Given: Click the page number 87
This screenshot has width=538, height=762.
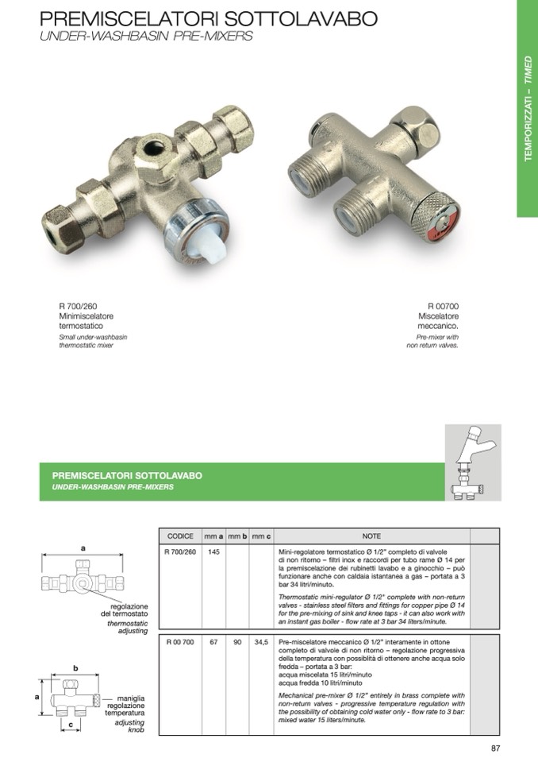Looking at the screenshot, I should pyautogui.click(x=495, y=747).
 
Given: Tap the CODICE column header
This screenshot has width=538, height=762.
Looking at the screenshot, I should pyautogui.click(x=181, y=536).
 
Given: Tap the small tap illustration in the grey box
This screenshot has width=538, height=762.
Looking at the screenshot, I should pyautogui.click(x=472, y=462).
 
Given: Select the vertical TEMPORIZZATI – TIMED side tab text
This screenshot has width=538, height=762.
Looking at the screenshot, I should pyautogui.click(x=528, y=108).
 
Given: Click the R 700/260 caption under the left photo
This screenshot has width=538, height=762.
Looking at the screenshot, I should pyautogui.click(x=79, y=306).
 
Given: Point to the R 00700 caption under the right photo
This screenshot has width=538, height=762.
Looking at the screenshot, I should pyautogui.click(x=444, y=306).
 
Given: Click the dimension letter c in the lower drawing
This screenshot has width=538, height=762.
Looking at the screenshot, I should pyautogui.click(x=71, y=725).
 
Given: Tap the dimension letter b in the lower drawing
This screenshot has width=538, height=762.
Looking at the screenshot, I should pyautogui.click(x=75, y=668).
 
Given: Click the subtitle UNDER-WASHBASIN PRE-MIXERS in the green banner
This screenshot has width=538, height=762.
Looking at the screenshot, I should pyautogui.click(x=113, y=486).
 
